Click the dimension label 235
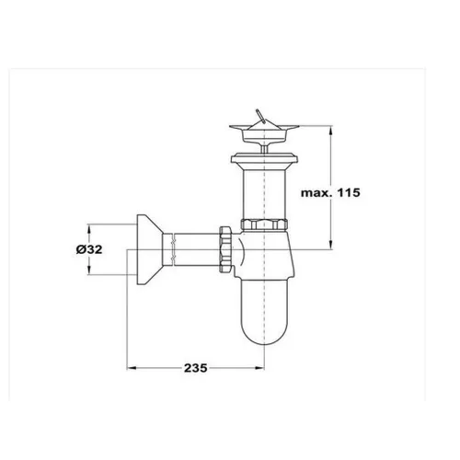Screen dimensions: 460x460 coord(196,368)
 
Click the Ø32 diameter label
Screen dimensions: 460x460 coord(89,249)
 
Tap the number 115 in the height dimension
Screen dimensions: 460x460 coord(349,192)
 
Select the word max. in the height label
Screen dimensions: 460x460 coord(317,193)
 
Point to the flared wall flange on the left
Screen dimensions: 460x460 coord(149,250)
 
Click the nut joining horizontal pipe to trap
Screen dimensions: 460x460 coord(225,249)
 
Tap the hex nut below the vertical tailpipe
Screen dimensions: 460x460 coord(264,224)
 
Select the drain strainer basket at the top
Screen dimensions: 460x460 coord(264,132)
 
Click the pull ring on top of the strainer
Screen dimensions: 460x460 coord(259,115)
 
